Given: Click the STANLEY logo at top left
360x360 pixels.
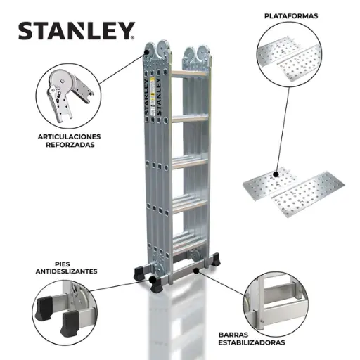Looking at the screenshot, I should tap(76, 31).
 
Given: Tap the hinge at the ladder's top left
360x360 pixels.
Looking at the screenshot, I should tap(155, 54).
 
